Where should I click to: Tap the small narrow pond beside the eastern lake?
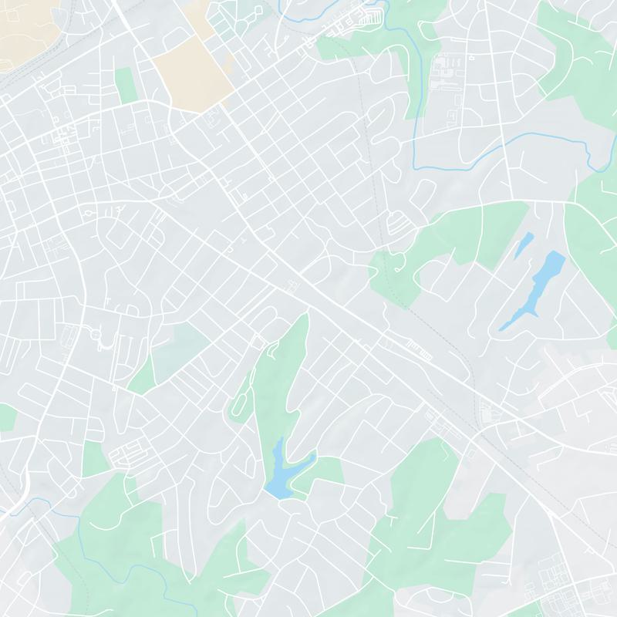click(524, 244)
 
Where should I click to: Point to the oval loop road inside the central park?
click(241, 401)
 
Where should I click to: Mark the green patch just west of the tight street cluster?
click(96, 459)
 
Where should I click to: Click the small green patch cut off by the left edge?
click(6, 417)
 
